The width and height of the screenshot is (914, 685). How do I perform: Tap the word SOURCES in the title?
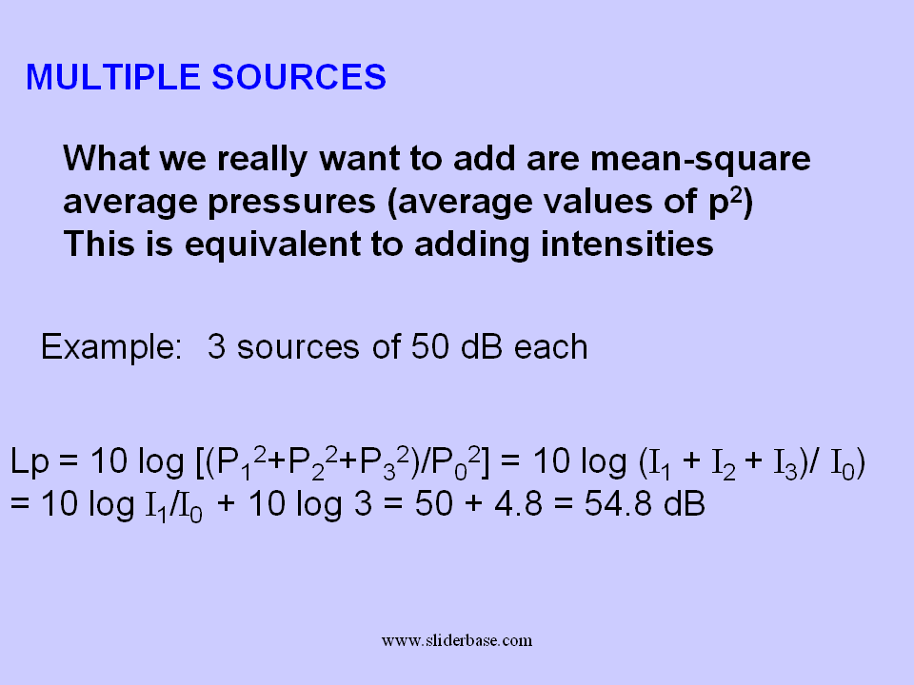click(299, 77)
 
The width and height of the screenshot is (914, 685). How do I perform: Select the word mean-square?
click(700, 159)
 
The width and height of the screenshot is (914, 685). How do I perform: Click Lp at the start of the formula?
click(30, 462)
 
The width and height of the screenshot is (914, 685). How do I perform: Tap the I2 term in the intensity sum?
click(724, 464)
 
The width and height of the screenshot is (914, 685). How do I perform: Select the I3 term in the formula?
click(785, 464)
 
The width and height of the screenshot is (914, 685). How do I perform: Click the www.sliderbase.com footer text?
click(457, 640)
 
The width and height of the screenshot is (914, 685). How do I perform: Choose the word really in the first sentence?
click(262, 160)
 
